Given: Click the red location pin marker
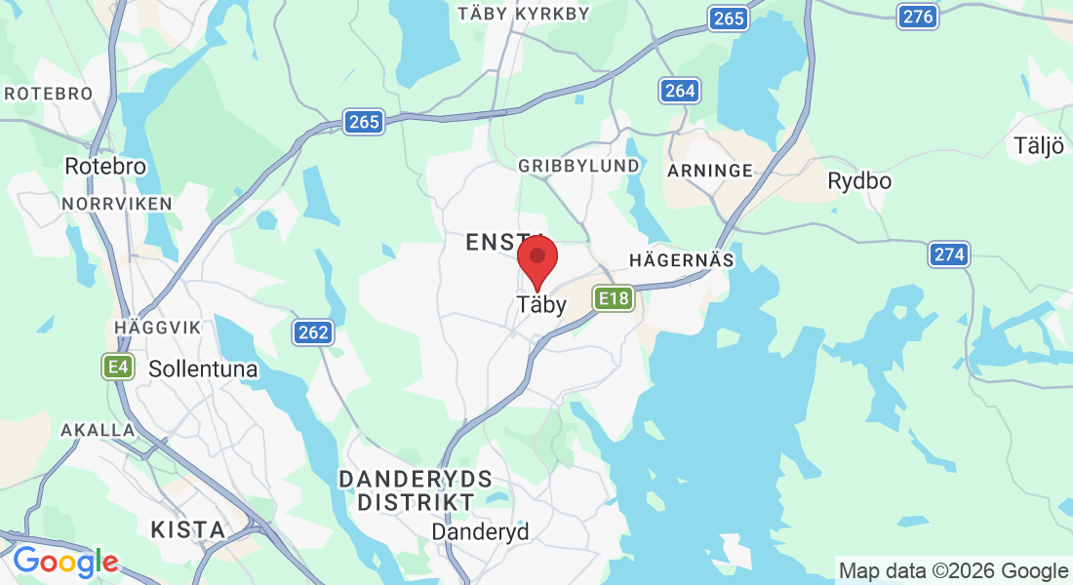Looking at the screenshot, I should pyautogui.click(x=536, y=260).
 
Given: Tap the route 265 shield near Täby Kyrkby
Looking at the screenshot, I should pyautogui.click(x=729, y=19).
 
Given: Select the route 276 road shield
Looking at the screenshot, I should pyautogui.click(x=918, y=16).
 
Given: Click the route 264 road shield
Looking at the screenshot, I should pyautogui.click(x=679, y=91).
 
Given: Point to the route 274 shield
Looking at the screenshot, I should pyautogui.click(x=948, y=254).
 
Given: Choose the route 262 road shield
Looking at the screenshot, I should pyautogui.click(x=313, y=332).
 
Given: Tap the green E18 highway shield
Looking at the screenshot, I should pyautogui.click(x=614, y=297).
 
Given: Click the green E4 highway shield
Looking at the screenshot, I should pyautogui.click(x=118, y=367).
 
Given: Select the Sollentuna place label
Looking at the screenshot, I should pyautogui.click(x=203, y=370).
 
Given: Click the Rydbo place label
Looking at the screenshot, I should pyautogui.click(x=858, y=180).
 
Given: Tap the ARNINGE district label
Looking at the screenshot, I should pyautogui.click(x=710, y=171).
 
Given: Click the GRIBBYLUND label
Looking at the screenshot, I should pyautogui.click(x=578, y=166).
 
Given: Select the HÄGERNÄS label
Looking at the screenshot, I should pyautogui.click(x=681, y=260).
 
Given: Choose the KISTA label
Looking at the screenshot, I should pyautogui.click(x=187, y=530).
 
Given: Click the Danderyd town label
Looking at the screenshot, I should pyautogui.click(x=480, y=532).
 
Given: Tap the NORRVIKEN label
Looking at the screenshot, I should pyautogui.click(x=116, y=204).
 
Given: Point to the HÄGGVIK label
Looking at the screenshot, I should pyautogui.click(x=157, y=327).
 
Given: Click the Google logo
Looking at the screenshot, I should pyautogui.click(x=64, y=562).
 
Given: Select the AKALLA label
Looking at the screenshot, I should pyautogui.click(x=98, y=430).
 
